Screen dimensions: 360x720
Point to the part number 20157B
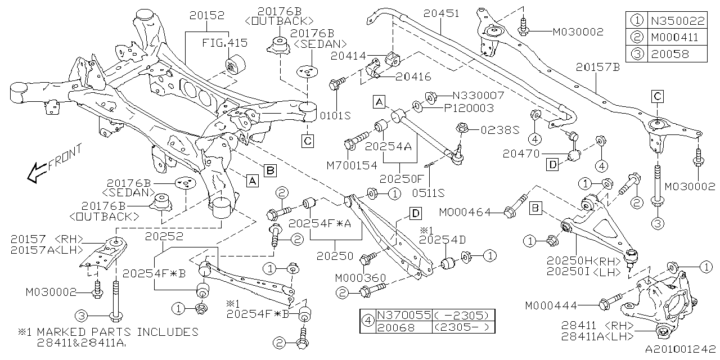pos(597,67)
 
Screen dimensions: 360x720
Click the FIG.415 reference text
pos(225,43)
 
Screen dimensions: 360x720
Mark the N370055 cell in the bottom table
pos(403,316)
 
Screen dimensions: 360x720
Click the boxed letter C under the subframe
pos(308,140)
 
